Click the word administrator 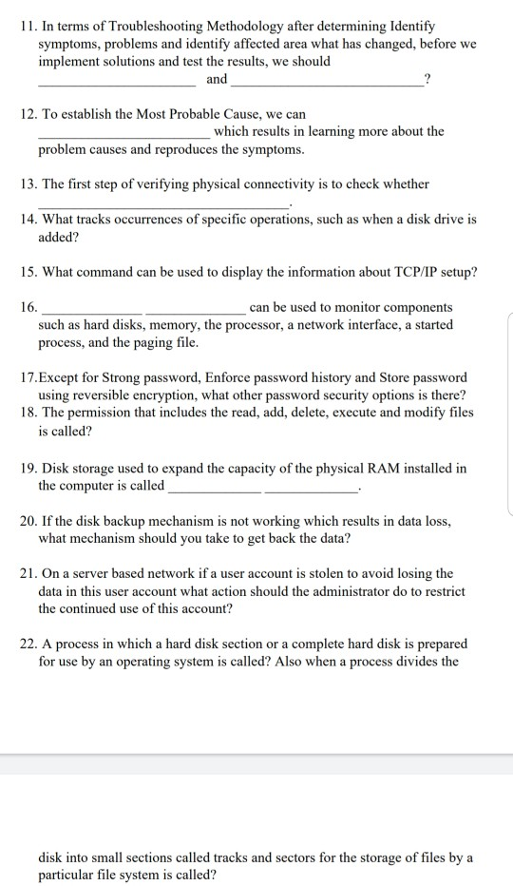pos(337,591)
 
